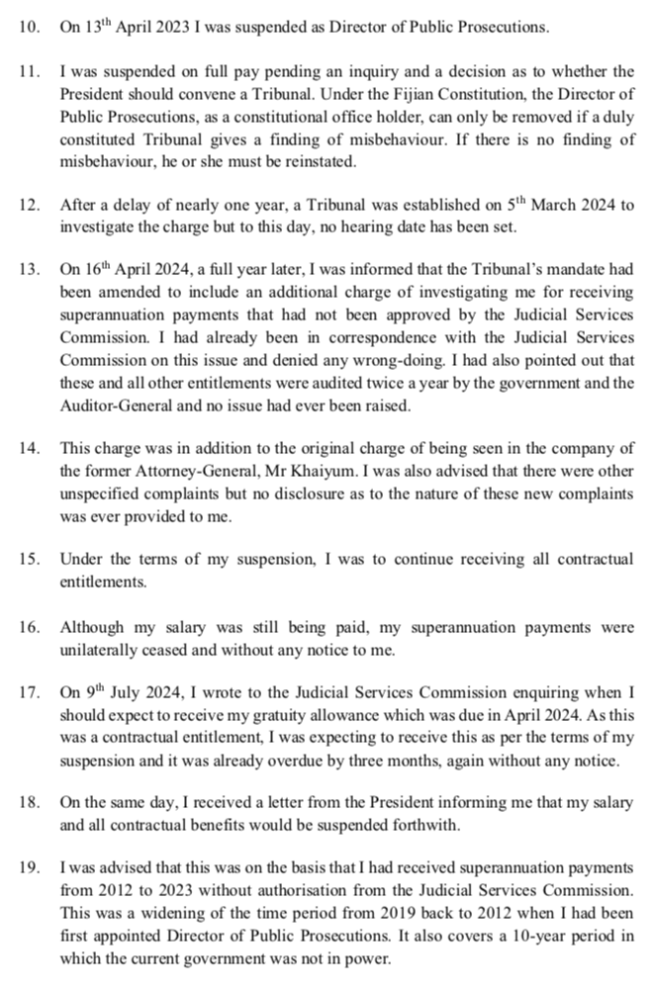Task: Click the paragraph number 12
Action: tap(29, 206)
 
